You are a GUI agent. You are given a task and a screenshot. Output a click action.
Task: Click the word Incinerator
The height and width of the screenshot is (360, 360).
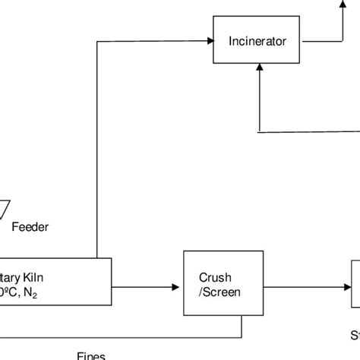click(259, 41)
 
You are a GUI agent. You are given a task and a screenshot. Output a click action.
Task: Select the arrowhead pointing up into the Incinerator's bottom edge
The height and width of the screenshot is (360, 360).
click(260, 68)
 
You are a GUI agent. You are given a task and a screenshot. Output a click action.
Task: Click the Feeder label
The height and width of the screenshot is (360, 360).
click(30, 226)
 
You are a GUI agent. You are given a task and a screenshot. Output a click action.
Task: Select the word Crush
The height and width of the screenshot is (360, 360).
click(215, 276)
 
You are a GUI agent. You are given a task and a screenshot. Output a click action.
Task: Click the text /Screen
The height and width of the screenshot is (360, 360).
click(215, 291)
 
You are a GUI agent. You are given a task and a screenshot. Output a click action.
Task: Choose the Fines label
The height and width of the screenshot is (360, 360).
click(91, 355)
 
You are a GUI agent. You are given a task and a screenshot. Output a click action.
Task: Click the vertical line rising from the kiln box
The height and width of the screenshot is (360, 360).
click(98, 152)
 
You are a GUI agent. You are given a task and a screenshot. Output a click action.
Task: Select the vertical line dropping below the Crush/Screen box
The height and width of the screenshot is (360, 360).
click(242, 327)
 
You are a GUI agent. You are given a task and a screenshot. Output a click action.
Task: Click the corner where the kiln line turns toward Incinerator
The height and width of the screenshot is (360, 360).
click(98, 41)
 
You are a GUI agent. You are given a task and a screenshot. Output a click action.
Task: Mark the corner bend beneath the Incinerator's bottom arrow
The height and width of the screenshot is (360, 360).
click(260, 131)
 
